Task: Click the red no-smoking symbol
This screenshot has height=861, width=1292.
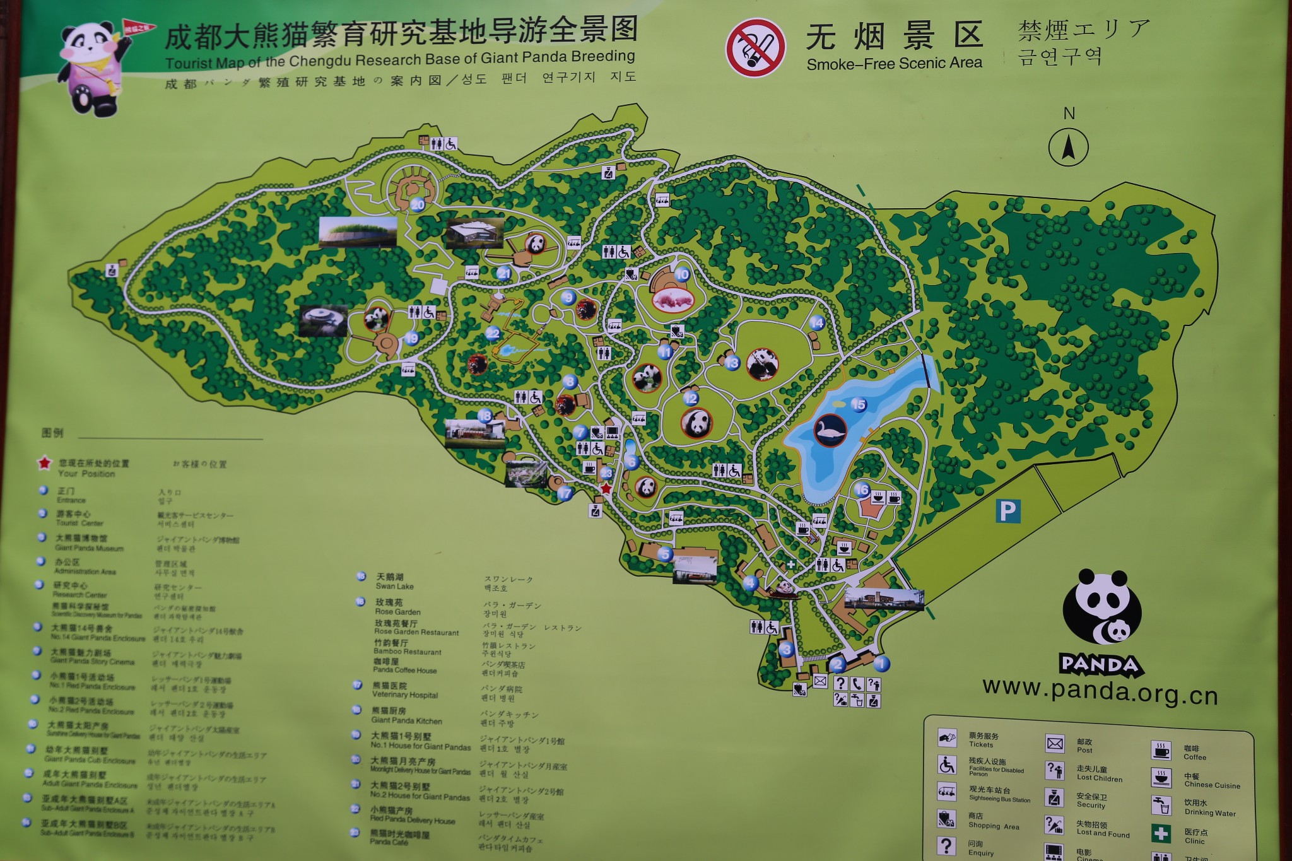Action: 755,49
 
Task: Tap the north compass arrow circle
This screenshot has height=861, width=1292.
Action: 1068,148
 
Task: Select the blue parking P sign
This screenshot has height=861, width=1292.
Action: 1007,511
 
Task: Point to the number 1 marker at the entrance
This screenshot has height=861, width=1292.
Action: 881,663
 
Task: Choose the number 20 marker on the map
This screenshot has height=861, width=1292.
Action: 418,204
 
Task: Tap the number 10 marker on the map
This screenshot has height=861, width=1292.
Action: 682,274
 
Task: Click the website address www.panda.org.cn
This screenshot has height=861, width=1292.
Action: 1100,692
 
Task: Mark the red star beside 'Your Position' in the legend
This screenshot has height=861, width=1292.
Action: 44,464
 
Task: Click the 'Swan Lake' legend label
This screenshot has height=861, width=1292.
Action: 394,586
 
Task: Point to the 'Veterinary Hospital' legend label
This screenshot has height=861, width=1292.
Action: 404,695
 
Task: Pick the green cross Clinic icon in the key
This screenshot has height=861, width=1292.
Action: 1161,833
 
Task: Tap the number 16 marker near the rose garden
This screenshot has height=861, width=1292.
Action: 862,489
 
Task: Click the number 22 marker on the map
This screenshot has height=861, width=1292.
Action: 493,333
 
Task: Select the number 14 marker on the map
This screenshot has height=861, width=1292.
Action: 816,323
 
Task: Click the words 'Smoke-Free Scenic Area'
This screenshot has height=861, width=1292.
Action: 894,64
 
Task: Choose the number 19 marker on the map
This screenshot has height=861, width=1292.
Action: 411,338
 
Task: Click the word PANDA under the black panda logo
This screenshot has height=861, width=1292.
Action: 1101,665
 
